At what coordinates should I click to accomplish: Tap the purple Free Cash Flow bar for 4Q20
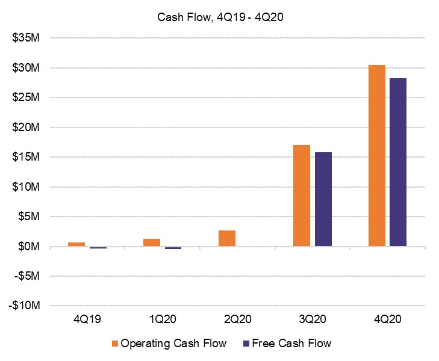point(398,162)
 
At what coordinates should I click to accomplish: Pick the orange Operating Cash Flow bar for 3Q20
point(302,196)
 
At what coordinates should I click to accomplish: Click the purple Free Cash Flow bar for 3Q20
point(323,199)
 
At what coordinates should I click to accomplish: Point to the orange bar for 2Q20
point(226,238)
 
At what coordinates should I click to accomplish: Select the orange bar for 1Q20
point(152,242)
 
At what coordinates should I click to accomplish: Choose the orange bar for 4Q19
point(76,244)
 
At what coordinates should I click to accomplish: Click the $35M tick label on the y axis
point(26,39)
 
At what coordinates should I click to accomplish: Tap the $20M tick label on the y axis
point(26,128)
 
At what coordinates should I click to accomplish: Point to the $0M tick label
point(28,247)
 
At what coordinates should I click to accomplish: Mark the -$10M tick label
point(25,306)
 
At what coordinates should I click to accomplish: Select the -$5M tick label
point(26,276)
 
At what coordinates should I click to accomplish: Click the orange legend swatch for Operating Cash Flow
point(114,344)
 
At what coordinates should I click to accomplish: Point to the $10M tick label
point(26,187)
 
